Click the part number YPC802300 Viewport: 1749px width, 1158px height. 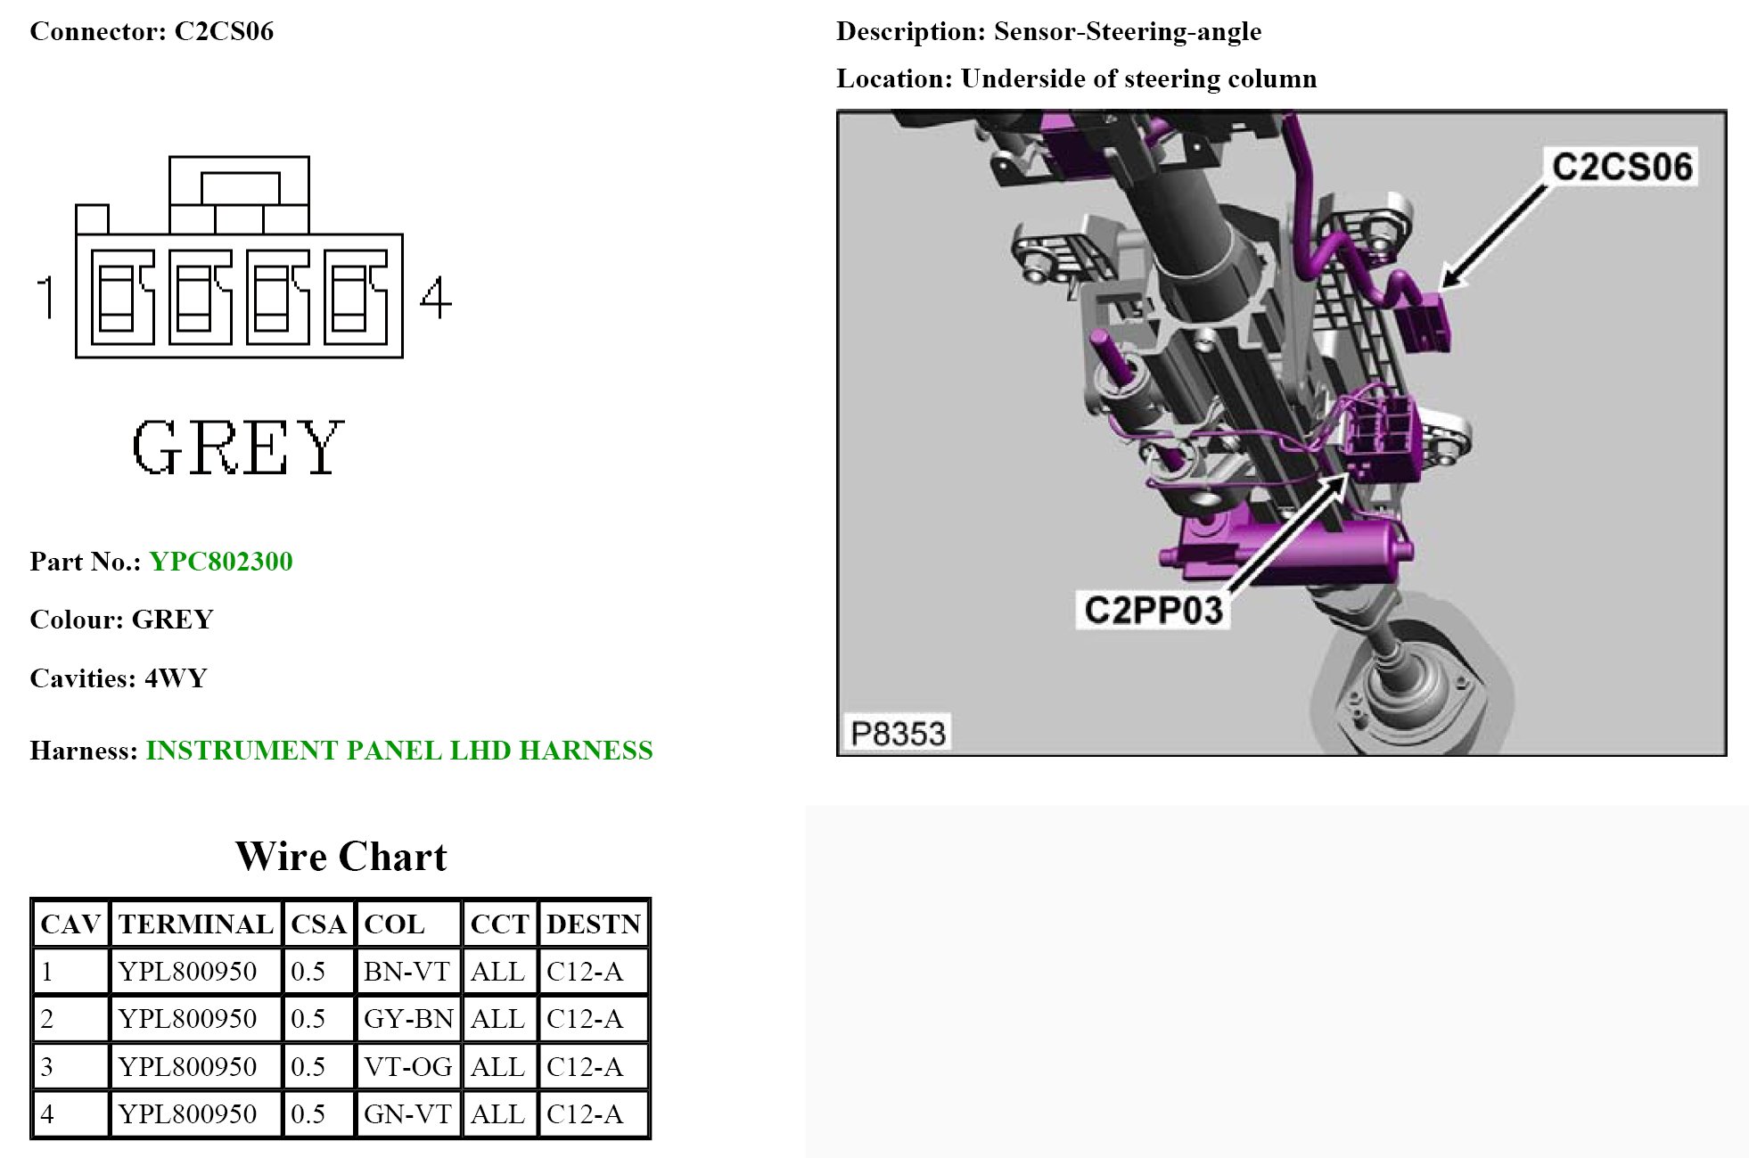[221, 562]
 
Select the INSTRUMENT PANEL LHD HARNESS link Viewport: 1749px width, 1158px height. [399, 751]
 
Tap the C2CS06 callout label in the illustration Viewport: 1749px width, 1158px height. [1622, 167]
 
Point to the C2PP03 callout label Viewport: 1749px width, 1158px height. [1153, 611]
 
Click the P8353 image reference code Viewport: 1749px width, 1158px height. [897, 734]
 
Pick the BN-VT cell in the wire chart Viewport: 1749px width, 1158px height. [406, 971]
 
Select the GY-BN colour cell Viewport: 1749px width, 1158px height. [408, 1018]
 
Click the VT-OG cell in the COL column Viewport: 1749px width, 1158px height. [407, 1066]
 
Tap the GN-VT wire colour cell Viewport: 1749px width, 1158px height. [407, 1113]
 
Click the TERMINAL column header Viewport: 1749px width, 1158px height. [196, 924]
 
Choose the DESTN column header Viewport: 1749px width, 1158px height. [594, 924]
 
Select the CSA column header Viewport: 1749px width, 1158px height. [318, 924]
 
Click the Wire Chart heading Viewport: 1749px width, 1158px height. [341, 856]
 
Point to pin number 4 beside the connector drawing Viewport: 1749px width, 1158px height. [435, 298]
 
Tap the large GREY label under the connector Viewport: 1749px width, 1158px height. [238, 447]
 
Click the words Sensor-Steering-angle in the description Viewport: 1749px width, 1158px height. [1128, 31]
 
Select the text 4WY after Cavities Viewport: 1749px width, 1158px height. [176, 678]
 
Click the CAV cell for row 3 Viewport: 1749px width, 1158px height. [47, 1066]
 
